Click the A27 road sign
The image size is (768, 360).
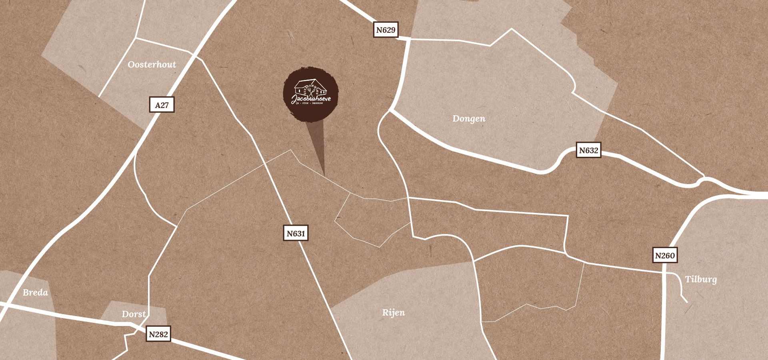click(162, 105)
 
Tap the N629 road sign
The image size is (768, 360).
click(386, 30)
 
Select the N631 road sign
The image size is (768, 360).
click(296, 234)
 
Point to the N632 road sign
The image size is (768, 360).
click(588, 150)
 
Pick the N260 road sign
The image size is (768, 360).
click(665, 256)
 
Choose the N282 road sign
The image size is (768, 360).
click(158, 334)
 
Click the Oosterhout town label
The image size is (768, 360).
click(152, 64)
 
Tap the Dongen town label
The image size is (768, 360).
click(469, 119)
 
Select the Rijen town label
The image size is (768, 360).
click(393, 312)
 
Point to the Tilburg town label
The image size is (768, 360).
click(701, 279)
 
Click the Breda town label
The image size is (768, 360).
click(35, 292)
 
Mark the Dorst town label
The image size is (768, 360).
click(134, 314)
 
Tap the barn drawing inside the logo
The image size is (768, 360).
click(310, 87)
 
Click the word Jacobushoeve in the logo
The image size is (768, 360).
click(311, 98)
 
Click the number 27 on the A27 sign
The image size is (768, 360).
click(164, 105)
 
